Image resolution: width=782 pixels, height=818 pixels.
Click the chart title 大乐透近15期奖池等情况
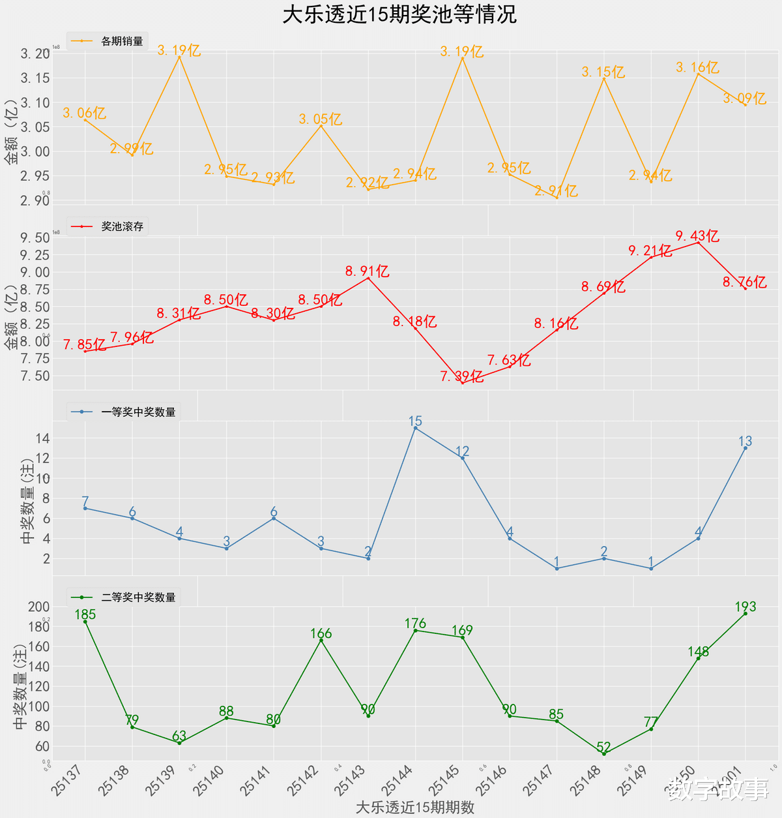pos(399,14)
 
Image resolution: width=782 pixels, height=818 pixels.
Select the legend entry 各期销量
pos(122,41)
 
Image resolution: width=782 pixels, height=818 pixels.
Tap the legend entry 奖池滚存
pos(122,227)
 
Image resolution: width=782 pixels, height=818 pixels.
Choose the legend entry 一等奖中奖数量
pos(138,412)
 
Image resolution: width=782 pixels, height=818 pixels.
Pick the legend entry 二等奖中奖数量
pos(138,598)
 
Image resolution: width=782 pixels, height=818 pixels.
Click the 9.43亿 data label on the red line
pos(697,236)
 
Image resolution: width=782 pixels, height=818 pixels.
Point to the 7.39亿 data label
pos(461,376)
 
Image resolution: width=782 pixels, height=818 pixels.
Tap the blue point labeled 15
pos(415,428)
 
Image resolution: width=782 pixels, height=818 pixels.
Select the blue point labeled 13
pos(745,448)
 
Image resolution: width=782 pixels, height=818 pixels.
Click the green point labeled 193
pos(745,614)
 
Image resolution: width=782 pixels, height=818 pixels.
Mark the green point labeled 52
pos(603,754)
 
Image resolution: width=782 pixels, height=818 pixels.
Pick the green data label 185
pos(85,614)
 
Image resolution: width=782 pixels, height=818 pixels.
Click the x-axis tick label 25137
pos(66,780)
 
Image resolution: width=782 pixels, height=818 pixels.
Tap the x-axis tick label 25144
pos(397,780)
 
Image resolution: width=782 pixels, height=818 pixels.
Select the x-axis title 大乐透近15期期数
pos(415,807)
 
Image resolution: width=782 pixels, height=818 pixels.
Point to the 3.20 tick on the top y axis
pos(35,53)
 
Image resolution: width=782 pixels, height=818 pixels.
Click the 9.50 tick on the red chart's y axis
pos(35,237)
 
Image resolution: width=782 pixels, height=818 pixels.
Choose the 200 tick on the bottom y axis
pos(39,607)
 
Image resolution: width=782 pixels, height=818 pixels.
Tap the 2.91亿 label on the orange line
pos(556,191)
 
